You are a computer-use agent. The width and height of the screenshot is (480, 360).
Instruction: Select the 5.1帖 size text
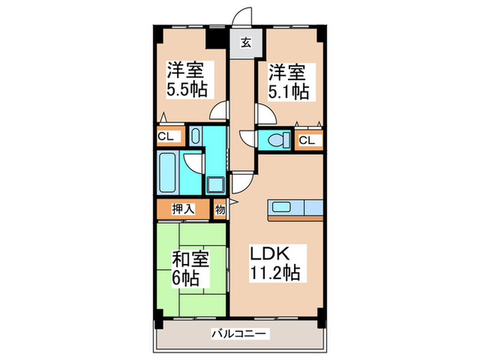click(288, 89)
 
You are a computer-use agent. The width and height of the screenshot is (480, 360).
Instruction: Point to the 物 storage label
click(220, 209)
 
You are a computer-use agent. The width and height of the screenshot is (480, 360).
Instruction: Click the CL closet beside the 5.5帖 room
click(166, 136)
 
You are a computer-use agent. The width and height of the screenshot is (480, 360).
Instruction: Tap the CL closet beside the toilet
click(308, 141)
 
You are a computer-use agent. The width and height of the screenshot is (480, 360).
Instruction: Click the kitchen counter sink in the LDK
click(283, 207)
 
